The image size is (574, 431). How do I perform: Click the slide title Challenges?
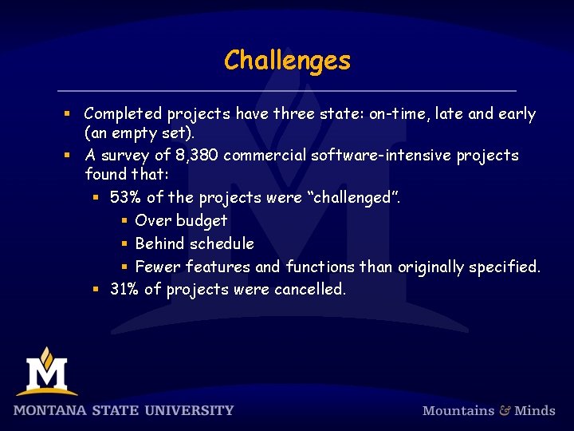(287, 61)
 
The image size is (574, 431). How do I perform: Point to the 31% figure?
(124, 289)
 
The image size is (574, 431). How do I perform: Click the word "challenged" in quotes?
(353, 197)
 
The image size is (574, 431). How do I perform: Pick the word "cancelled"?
(310, 289)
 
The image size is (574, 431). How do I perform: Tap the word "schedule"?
(222, 243)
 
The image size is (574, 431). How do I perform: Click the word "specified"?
(504, 267)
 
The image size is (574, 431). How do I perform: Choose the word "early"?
(517, 114)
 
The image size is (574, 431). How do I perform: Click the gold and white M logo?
(46, 372)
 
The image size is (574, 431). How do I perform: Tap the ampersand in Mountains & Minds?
(505, 410)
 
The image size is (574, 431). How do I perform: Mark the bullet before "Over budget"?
(124, 221)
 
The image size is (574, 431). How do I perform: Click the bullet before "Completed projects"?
(69, 114)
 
